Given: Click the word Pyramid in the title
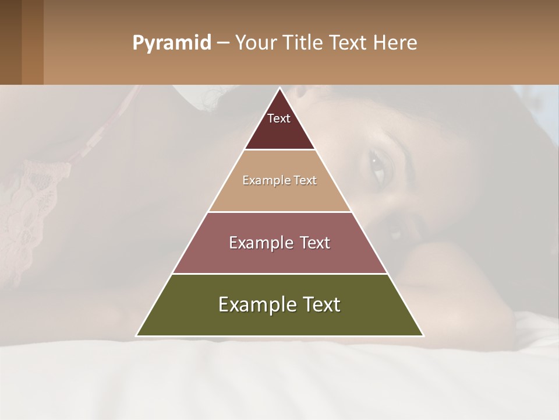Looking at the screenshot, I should pos(171,43).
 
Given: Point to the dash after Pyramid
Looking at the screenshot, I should pos(222,43).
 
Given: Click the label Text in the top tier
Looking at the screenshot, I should pos(279,118).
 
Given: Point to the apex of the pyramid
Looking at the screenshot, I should pos(279,89).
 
